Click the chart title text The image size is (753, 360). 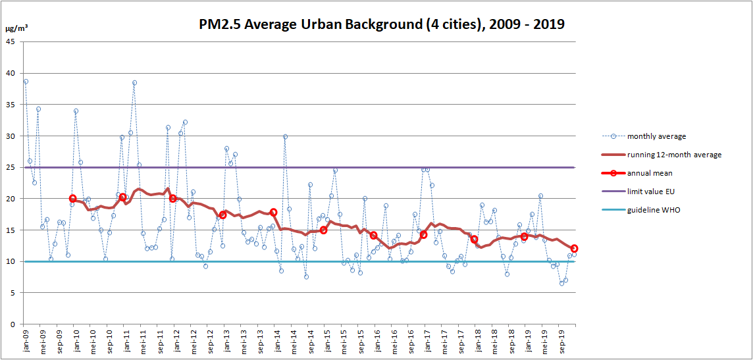pyautogui.click(x=382, y=24)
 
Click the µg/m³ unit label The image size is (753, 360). pyautogui.click(x=16, y=29)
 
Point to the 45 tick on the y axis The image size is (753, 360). pyautogui.click(x=11, y=42)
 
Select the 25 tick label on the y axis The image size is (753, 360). pyautogui.click(x=11, y=168)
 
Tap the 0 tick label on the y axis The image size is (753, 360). pyautogui.click(x=13, y=324)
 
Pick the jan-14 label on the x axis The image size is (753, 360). pyautogui.click(x=276, y=341)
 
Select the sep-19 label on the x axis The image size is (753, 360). pyautogui.click(x=560, y=341)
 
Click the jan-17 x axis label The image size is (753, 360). pyautogui.click(x=427, y=341)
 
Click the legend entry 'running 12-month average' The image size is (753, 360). pyautogui.click(x=674, y=155)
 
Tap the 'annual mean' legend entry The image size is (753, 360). pyautogui.click(x=649, y=173)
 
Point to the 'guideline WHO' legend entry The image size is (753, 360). pyautogui.click(x=654, y=210)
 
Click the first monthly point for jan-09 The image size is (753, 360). pyautogui.click(x=26, y=82)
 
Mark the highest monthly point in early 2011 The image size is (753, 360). pyautogui.click(x=134, y=83)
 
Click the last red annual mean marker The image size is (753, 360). pyautogui.click(x=574, y=249)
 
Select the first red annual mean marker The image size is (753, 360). pyautogui.click(x=72, y=198)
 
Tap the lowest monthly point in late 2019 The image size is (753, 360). pyautogui.click(x=561, y=283)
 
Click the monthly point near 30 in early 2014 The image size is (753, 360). pyautogui.click(x=285, y=137)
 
